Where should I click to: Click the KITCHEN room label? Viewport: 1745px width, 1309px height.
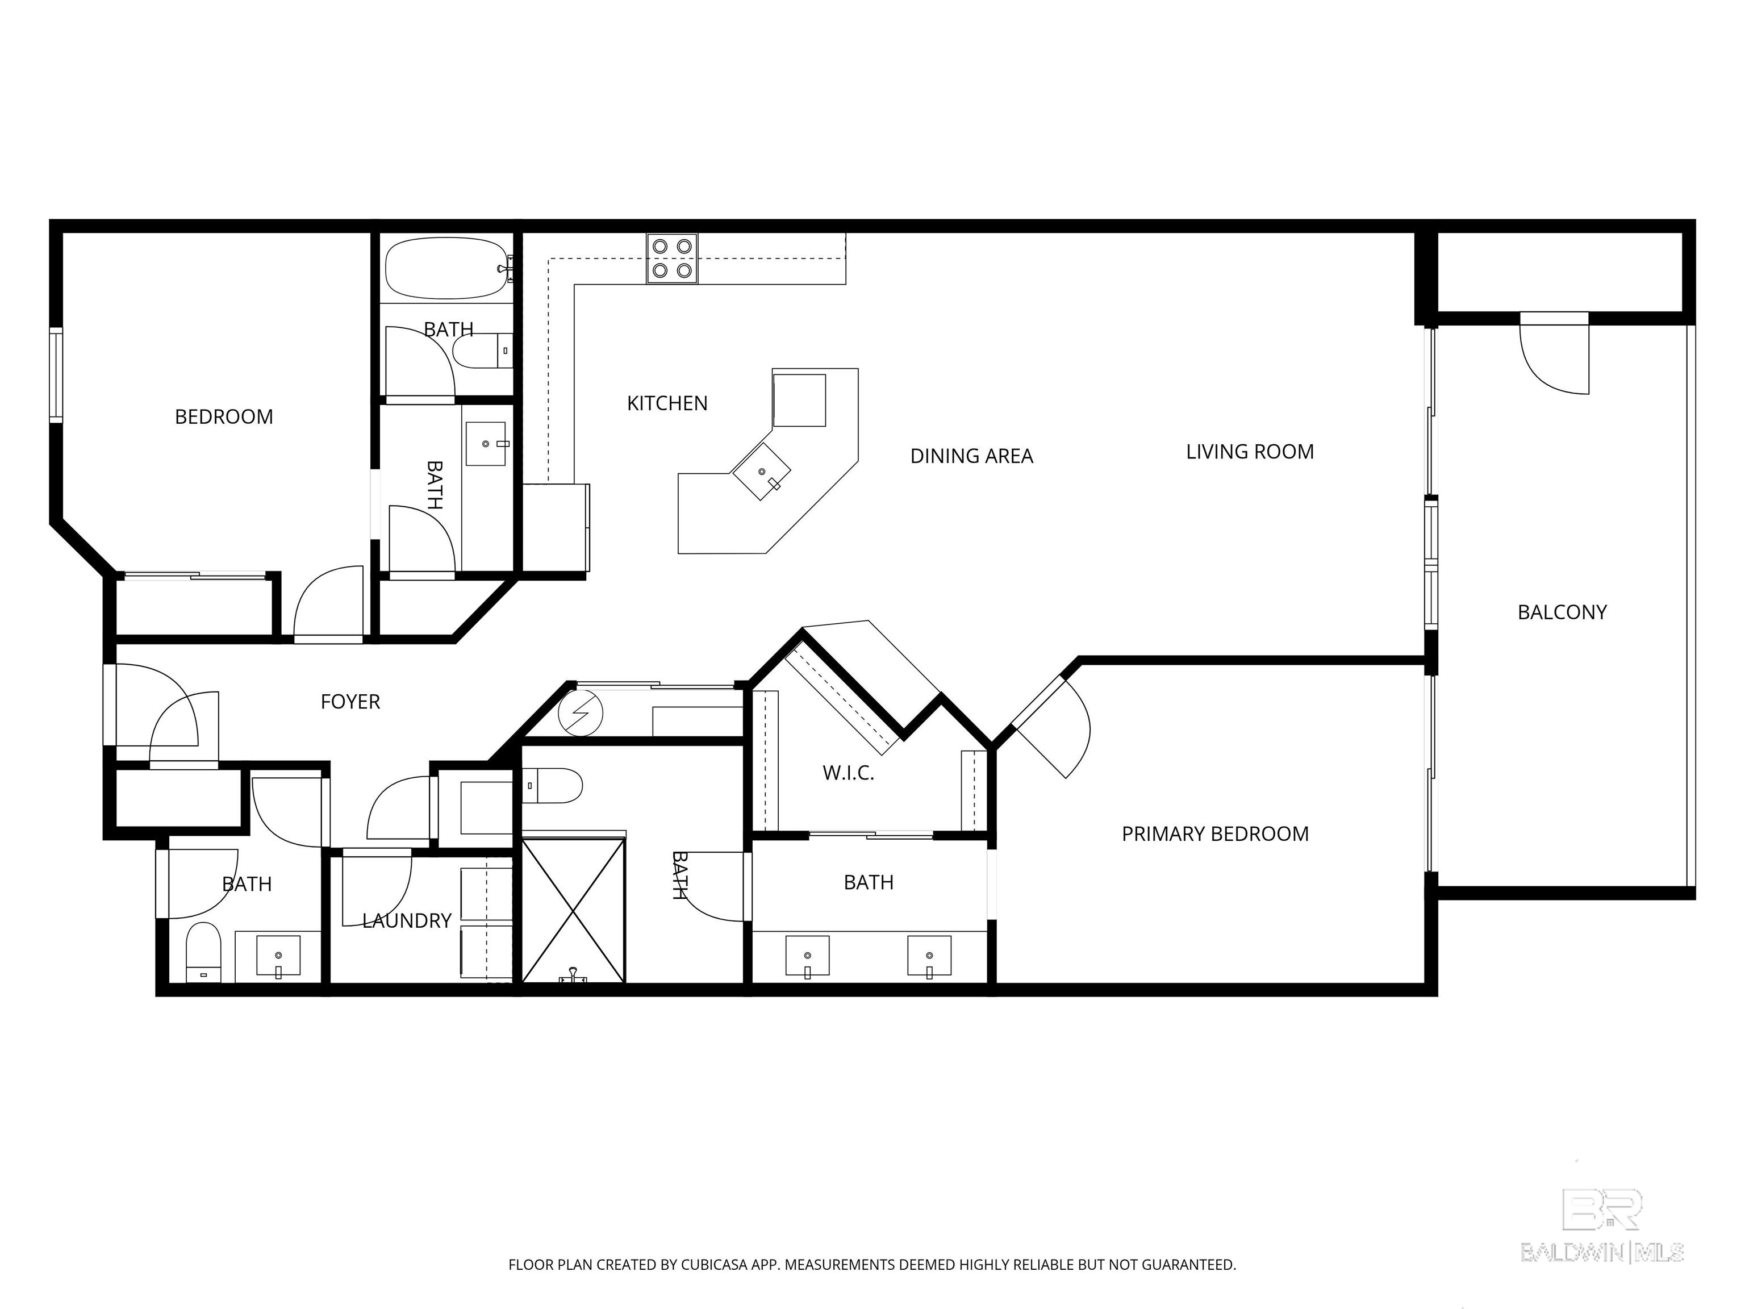click(667, 403)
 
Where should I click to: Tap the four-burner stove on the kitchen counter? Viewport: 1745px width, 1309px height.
click(672, 259)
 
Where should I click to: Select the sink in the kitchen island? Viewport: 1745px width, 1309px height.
click(761, 472)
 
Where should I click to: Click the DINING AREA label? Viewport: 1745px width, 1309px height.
click(971, 456)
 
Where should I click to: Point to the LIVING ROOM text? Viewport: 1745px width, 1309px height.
click(1250, 452)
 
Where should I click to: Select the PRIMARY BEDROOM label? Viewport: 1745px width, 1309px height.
click(1215, 834)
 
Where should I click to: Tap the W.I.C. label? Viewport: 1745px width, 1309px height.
click(848, 773)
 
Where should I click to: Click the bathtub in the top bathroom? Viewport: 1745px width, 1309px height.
click(446, 268)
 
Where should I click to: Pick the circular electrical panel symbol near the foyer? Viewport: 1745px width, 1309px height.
click(581, 713)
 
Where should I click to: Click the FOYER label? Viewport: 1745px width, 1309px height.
click(350, 702)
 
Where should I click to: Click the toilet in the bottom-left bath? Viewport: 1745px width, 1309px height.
click(203, 953)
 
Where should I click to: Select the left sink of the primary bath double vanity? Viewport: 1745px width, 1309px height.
click(807, 956)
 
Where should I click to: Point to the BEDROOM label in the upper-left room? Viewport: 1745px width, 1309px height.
click(224, 416)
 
